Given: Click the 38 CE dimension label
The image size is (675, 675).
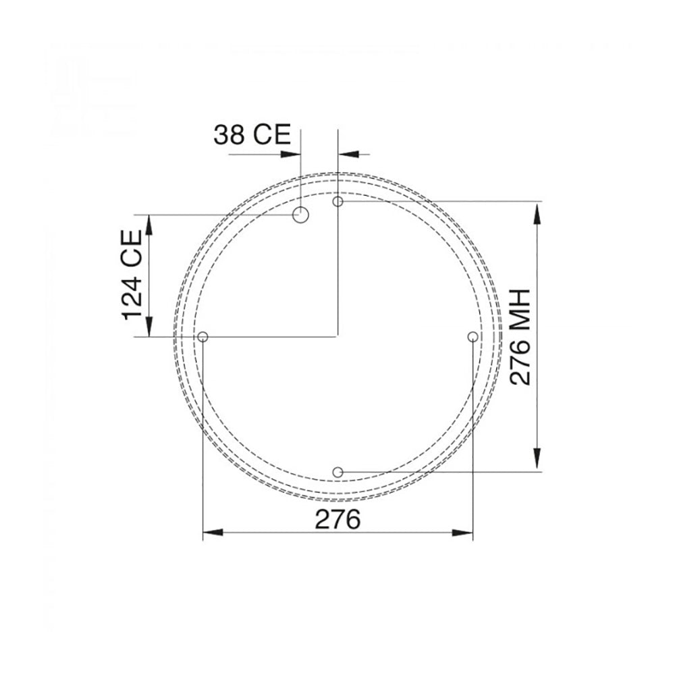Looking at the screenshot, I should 252,135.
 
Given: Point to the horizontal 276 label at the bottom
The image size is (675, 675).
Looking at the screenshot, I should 337,520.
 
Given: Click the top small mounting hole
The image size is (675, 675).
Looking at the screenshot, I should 338,201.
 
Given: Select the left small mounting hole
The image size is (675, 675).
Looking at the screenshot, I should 202,337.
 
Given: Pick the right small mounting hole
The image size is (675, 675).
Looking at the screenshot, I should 473,337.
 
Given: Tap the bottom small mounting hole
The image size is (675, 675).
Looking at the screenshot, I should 338,472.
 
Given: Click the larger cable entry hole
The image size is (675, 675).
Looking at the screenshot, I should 300,215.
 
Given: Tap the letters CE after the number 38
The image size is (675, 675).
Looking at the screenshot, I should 271,135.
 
